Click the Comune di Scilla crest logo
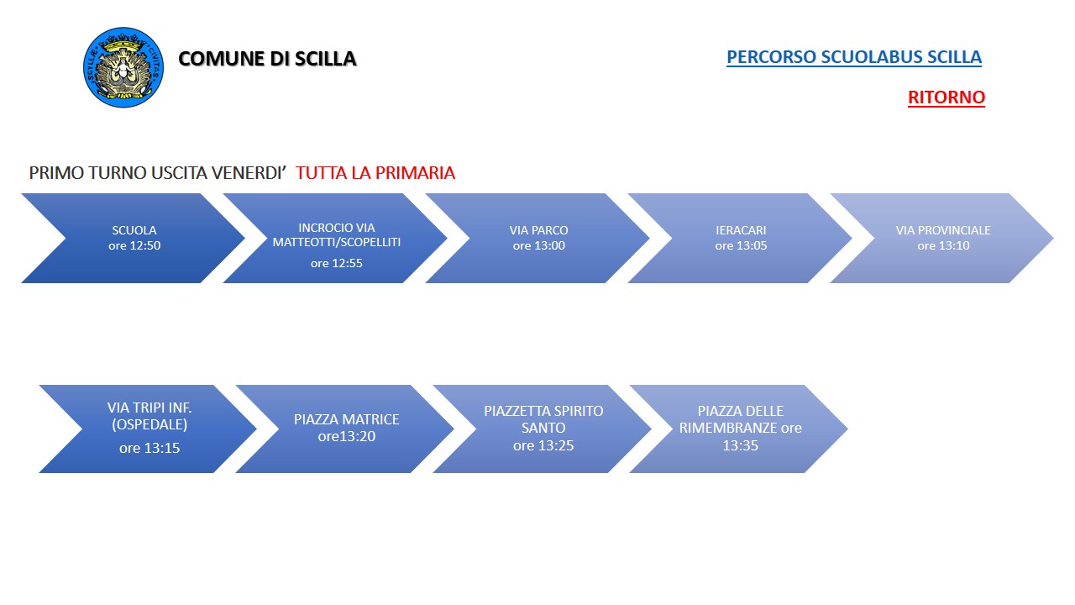pyautogui.click(x=123, y=67)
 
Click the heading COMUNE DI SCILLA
pyautogui.click(x=267, y=59)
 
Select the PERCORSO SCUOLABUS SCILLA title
pyautogui.click(x=853, y=57)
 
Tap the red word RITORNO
pyautogui.click(x=946, y=97)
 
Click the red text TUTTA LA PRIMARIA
pyautogui.click(x=375, y=173)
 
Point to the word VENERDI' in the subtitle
pyautogui.click(x=250, y=173)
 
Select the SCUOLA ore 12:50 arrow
pyautogui.click(x=134, y=238)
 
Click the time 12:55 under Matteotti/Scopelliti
pyautogui.click(x=336, y=263)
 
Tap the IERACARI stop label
pyautogui.click(x=741, y=230)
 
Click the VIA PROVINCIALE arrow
pyautogui.click(x=942, y=238)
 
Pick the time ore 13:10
pyautogui.click(x=943, y=246)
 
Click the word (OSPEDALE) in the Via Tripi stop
pyautogui.click(x=149, y=424)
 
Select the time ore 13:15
pyautogui.click(x=149, y=449)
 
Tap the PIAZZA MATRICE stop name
pyautogui.click(x=346, y=419)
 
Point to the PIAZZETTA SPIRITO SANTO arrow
pyautogui.click(x=543, y=429)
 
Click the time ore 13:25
pyautogui.click(x=543, y=445)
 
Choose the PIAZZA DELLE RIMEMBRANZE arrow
pyautogui.click(x=740, y=429)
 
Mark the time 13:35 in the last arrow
pyautogui.click(x=740, y=445)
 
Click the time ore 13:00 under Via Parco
pyautogui.click(x=538, y=246)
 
